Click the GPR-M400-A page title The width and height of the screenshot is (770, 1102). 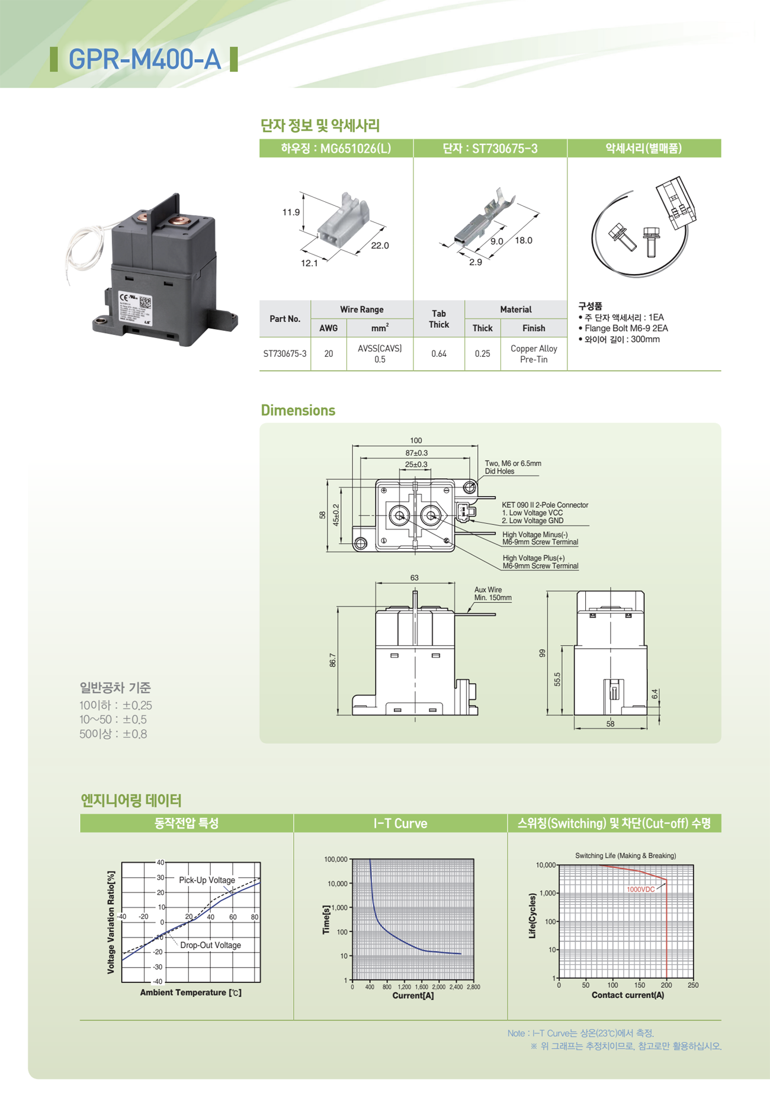click(x=145, y=59)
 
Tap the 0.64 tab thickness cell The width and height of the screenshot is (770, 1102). click(x=438, y=354)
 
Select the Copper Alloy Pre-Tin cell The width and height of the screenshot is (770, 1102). click(x=533, y=354)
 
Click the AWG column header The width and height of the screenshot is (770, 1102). click(x=328, y=328)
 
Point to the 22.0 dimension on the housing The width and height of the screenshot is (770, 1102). click(x=380, y=246)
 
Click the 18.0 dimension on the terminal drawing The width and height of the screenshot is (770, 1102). click(x=523, y=240)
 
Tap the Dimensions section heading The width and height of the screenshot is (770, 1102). click(x=298, y=410)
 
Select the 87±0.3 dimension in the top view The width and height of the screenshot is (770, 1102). click(x=416, y=453)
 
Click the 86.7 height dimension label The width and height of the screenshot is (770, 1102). click(x=332, y=660)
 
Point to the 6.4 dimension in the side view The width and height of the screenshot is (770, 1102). click(x=654, y=694)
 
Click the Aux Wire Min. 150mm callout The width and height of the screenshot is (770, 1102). click(x=492, y=594)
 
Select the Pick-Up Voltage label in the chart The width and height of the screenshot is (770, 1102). click(x=207, y=880)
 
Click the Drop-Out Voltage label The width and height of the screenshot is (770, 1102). click(x=210, y=945)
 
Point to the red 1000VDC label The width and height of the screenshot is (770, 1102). click(x=640, y=890)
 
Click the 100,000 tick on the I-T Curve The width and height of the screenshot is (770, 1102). click(x=335, y=859)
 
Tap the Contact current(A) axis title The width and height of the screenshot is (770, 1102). click(x=627, y=995)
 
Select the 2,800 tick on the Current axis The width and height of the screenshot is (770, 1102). click(x=473, y=987)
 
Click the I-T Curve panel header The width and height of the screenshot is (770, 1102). click(x=400, y=823)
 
